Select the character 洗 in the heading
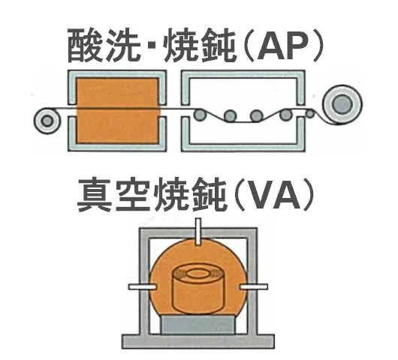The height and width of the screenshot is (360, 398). [123, 46]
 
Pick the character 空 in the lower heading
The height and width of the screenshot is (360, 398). [134, 195]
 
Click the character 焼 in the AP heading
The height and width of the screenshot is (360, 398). [182, 46]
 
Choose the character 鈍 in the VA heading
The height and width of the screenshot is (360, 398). [209, 195]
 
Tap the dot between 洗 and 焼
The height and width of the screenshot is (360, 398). [153, 46]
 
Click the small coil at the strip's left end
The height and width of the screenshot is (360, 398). [47, 121]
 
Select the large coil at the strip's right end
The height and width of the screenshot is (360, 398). [342, 104]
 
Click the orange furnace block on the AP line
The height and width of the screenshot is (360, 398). [117, 110]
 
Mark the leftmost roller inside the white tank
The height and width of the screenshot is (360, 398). [200, 115]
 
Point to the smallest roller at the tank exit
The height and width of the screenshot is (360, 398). [310, 113]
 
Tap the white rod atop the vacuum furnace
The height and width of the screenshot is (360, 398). [198, 232]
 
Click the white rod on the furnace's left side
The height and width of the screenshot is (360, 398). [142, 286]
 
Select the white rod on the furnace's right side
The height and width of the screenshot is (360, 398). [254, 286]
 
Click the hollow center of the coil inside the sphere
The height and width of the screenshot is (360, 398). [199, 274]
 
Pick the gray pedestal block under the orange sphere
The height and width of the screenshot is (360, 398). [198, 325]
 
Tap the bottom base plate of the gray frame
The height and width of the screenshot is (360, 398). [198, 341]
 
